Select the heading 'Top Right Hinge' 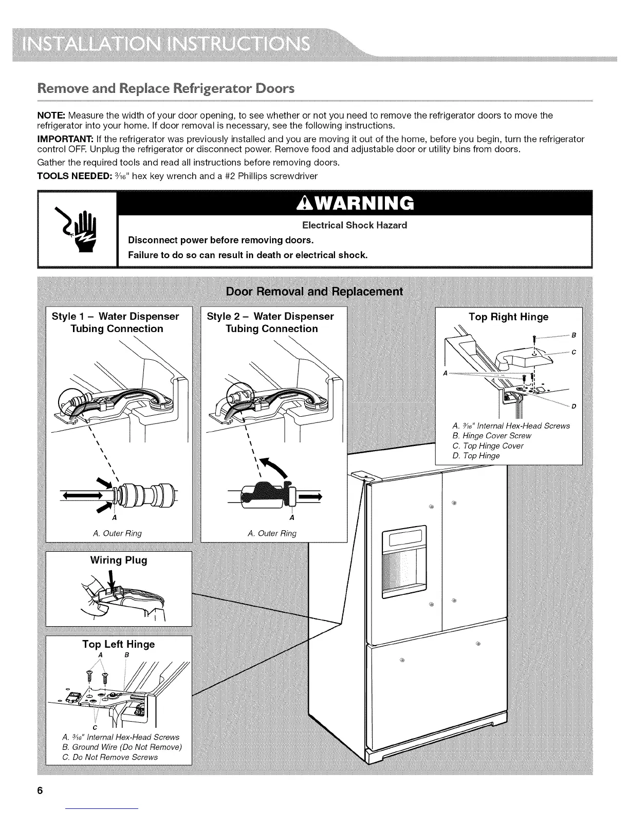click(508, 317)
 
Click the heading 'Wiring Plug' click(119, 560)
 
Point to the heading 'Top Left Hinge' click(119, 644)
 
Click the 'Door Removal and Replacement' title click(314, 292)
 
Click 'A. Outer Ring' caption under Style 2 click(272, 533)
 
